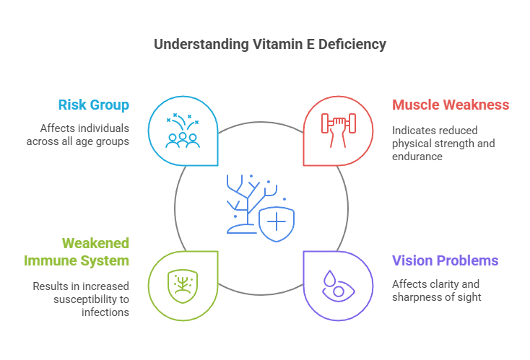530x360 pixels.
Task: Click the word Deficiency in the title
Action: pos(354,44)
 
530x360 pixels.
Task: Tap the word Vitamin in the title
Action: pos(267,44)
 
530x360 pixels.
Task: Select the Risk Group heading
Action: pos(95,105)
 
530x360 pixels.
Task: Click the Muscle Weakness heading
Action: pos(451,105)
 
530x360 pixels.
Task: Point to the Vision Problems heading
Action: pos(445,260)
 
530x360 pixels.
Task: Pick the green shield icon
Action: pos(182,286)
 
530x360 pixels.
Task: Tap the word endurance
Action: pos(417,156)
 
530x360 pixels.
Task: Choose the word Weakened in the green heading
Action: pos(95,243)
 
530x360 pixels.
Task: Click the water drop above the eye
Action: pos(329,278)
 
